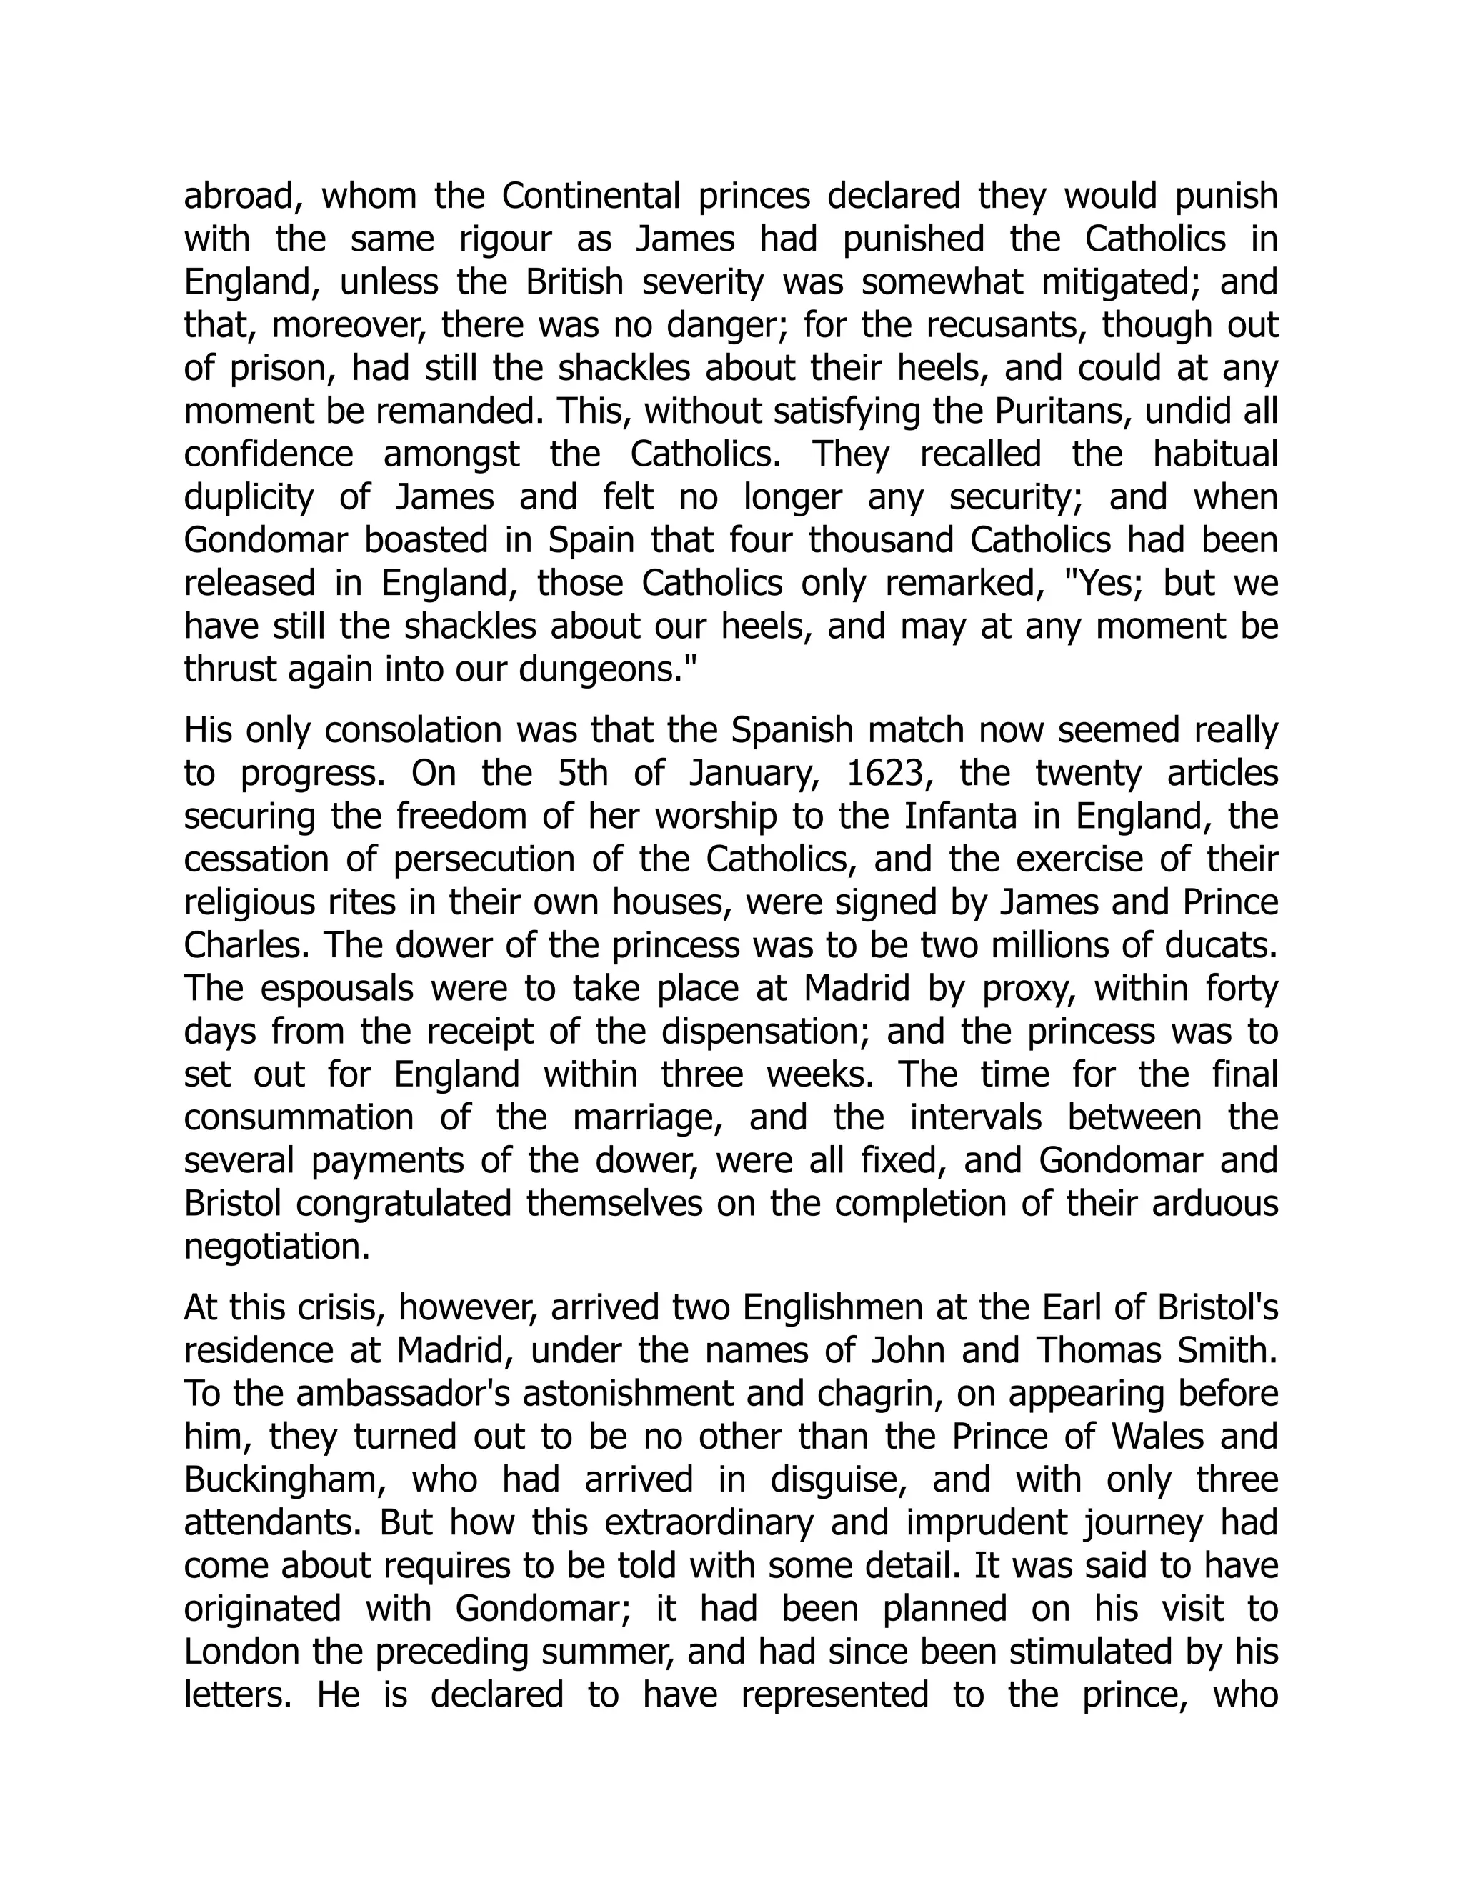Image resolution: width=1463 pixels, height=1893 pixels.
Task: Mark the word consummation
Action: (x=298, y=1118)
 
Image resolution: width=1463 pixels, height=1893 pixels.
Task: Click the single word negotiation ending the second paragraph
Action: (x=276, y=1247)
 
